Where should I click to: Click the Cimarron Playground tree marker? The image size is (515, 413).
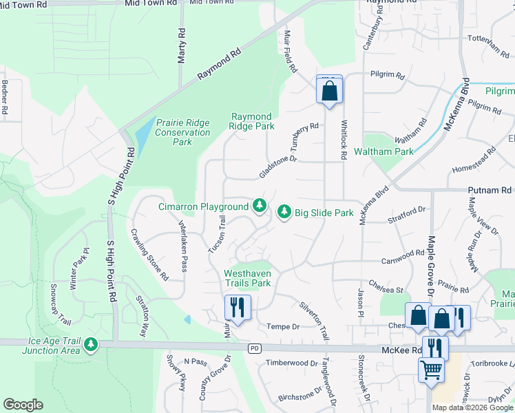260,206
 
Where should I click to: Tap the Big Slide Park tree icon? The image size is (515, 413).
284,213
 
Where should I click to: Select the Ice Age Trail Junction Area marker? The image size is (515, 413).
90,343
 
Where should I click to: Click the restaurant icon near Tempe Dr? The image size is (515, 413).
238,307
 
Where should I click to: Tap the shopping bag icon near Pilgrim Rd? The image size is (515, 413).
329,89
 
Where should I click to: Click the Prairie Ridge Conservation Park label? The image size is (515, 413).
182,132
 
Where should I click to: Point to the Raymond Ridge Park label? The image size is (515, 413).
251,121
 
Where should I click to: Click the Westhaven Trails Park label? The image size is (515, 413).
247,278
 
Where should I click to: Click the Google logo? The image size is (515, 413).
23,405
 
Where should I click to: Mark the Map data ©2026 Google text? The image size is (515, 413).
473,407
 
